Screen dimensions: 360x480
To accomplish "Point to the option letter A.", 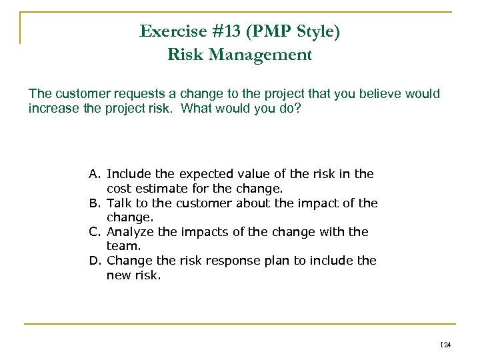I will coord(95,174).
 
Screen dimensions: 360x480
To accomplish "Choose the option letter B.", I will coord(95,203).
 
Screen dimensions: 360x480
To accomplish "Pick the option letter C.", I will coord(95,232).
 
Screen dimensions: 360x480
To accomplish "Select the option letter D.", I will coord(95,261).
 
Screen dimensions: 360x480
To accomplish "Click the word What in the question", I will coord(203,108).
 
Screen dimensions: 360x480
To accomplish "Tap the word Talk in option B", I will coord(119,203).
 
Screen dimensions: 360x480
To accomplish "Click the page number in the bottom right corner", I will coord(446,345).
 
